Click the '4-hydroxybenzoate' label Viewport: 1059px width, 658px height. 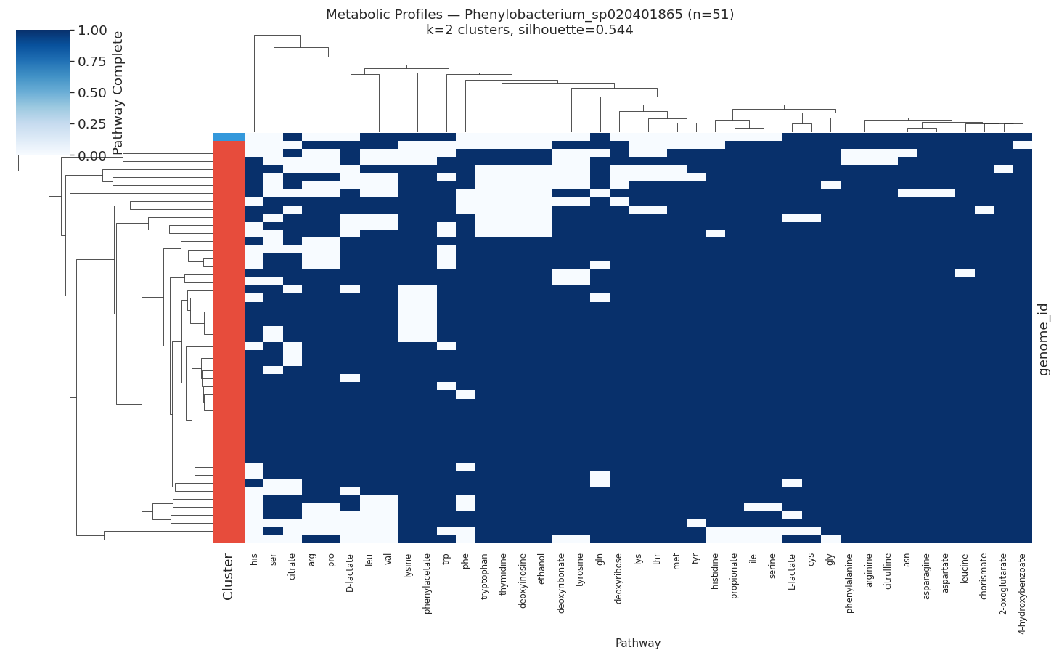1022,594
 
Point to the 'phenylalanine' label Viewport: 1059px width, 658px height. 849,583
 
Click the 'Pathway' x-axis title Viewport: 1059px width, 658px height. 637,643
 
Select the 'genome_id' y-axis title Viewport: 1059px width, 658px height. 1044,339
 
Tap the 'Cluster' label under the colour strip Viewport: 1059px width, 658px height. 229,577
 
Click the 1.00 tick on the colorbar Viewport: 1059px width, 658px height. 92,31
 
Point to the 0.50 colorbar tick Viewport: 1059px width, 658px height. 92,93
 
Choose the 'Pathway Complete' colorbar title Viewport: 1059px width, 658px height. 118,92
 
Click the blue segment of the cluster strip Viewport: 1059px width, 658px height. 229,137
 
